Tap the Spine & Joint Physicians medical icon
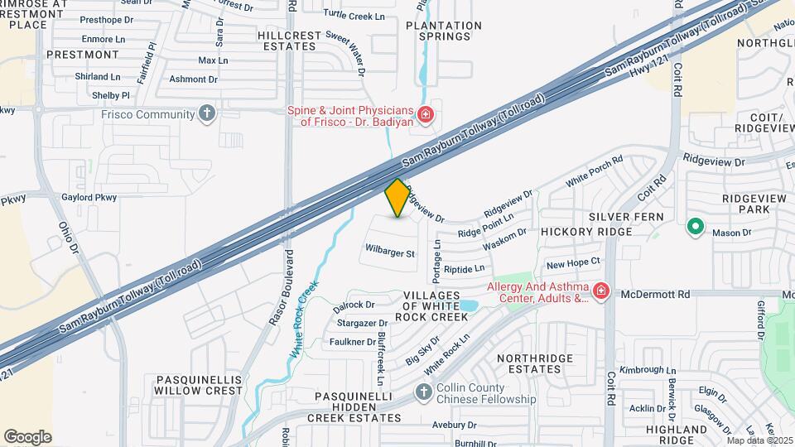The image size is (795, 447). coord(426,114)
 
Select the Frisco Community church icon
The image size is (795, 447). coord(207,113)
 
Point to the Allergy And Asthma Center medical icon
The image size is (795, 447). coord(600,291)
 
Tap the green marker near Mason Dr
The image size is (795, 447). coord(696,226)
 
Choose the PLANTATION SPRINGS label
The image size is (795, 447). coord(444,31)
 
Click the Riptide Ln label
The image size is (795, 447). coord(465,269)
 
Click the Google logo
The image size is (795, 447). coord(27,437)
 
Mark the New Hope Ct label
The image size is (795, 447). coord(572,264)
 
